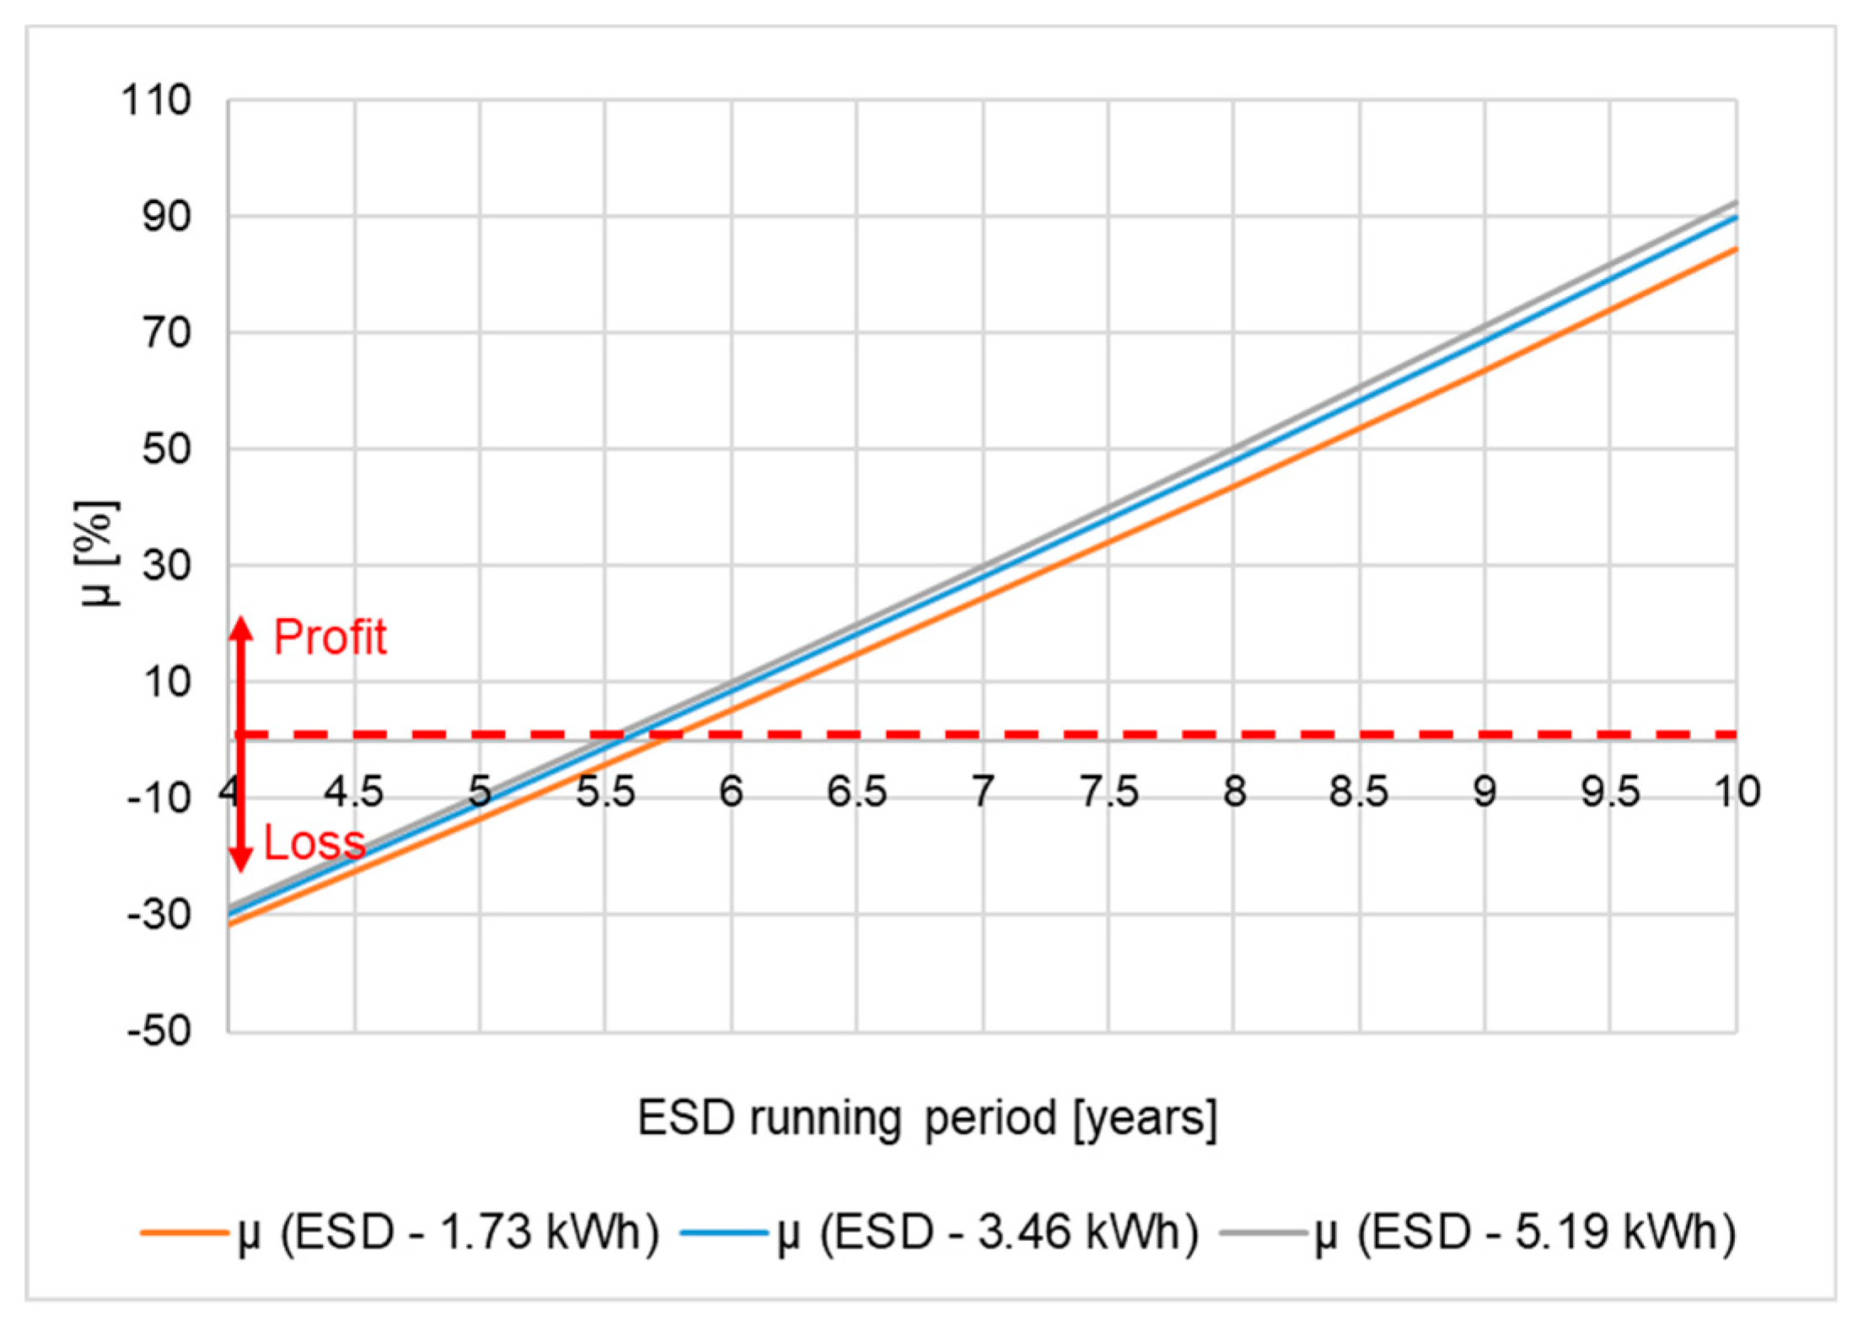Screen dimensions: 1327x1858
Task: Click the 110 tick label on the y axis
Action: coord(157,101)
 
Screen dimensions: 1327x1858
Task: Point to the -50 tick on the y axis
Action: coord(158,1030)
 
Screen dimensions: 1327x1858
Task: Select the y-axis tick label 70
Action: coord(165,333)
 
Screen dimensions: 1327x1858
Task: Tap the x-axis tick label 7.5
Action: coord(1109,792)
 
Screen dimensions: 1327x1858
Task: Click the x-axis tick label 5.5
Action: coord(604,792)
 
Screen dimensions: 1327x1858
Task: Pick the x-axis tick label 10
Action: coord(1737,792)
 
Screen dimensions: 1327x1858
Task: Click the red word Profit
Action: coord(330,637)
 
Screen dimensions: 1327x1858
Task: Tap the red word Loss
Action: coord(314,842)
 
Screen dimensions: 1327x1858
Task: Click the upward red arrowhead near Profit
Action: coord(242,628)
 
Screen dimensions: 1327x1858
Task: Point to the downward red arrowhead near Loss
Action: coord(242,859)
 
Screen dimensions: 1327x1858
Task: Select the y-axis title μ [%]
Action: coord(98,554)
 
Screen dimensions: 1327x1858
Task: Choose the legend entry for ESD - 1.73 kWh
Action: coord(400,1233)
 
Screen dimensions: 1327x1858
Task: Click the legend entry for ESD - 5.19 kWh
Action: coord(1478,1233)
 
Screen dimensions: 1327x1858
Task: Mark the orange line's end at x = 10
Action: coord(1735,250)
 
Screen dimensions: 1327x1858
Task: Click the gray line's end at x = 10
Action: coord(1735,203)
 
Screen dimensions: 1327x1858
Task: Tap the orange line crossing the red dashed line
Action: coord(667,735)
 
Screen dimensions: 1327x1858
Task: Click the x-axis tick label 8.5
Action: coord(1358,792)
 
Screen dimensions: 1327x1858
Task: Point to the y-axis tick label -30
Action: coord(158,915)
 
